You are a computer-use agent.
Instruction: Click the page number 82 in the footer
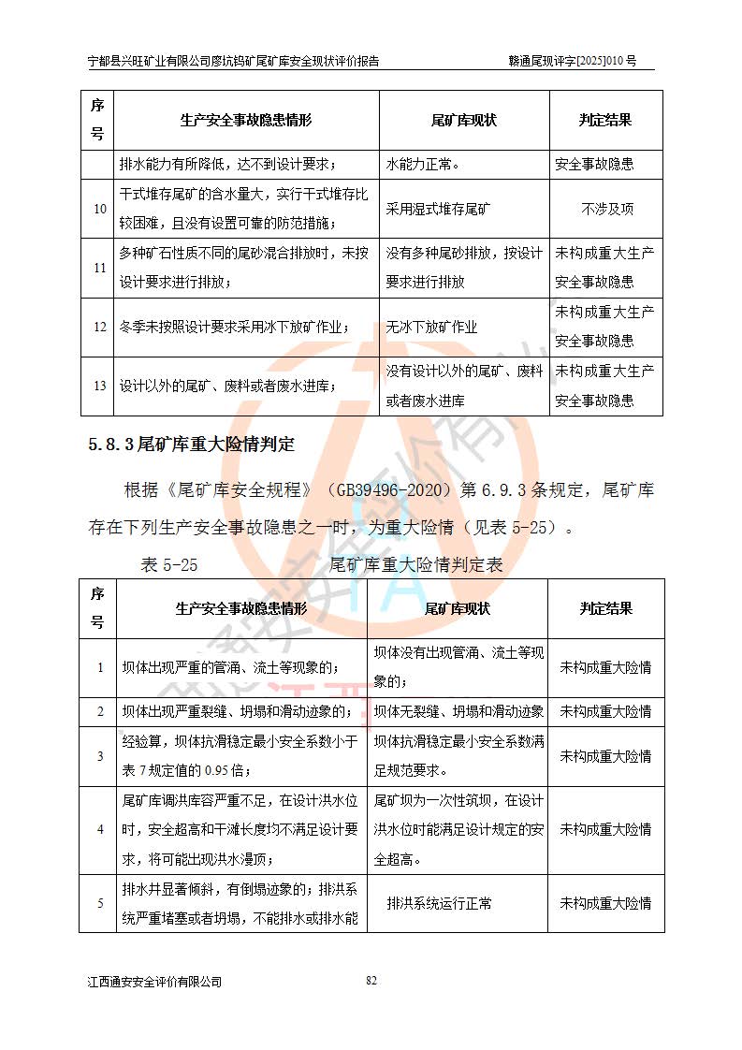click(371, 980)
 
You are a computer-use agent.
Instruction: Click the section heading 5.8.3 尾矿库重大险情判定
click(192, 444)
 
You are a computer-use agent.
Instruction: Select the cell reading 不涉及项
click(606, 209)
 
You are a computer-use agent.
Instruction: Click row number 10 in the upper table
click(99, 209)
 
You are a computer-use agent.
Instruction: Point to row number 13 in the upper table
click(99, 386)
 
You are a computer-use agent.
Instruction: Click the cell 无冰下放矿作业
click(431, 327)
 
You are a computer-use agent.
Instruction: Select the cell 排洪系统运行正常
click(439, 903)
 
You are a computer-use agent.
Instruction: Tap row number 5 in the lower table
click(100, 903)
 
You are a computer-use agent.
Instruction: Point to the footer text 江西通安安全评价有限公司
click(154, 982)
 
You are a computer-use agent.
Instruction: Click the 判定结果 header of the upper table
click(605, 121)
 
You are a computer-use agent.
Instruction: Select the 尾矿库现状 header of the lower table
click(458, 608)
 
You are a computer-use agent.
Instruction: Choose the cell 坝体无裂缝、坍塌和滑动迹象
click(458, 711)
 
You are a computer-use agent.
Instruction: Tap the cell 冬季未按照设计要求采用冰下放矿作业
click(234, 327)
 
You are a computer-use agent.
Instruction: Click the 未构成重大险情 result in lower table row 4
click(605, 829)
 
